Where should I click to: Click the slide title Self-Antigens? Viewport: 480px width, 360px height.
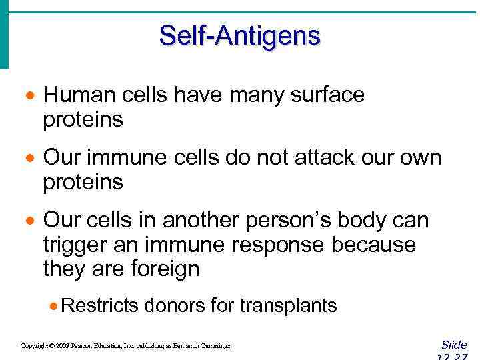(x=239, y=35)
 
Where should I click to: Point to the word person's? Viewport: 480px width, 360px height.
(x=297, y=221)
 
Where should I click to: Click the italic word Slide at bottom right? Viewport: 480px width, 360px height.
(x=454, y=345)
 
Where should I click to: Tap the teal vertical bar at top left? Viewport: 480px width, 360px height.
(x=4, y=33)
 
